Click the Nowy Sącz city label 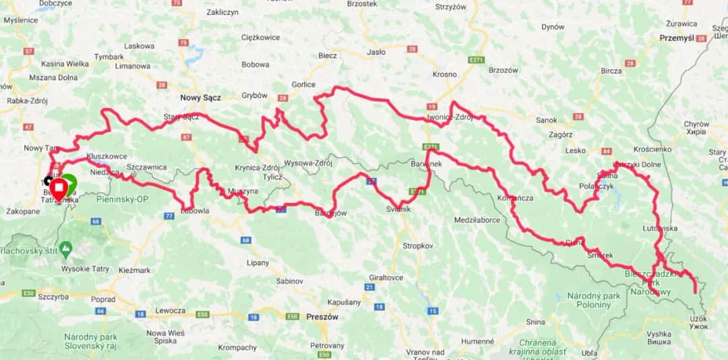[x=200, y=97]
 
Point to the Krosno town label [x=444, y=74]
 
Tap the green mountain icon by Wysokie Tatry [x=65, y=249]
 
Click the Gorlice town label [x=303, y=84]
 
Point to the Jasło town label [x=376, y=52]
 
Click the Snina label [x=535, y=322]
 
